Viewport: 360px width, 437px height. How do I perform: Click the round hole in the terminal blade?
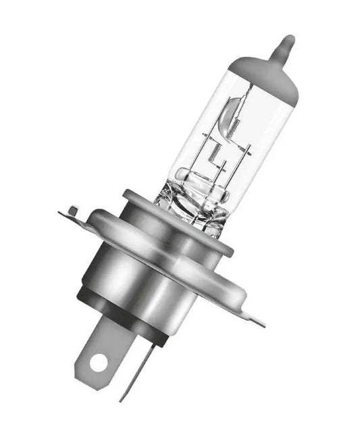pyautogui.click(x=99, y=363)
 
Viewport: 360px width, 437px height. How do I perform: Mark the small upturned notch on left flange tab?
pyautogui.click(x=73, y=210)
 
